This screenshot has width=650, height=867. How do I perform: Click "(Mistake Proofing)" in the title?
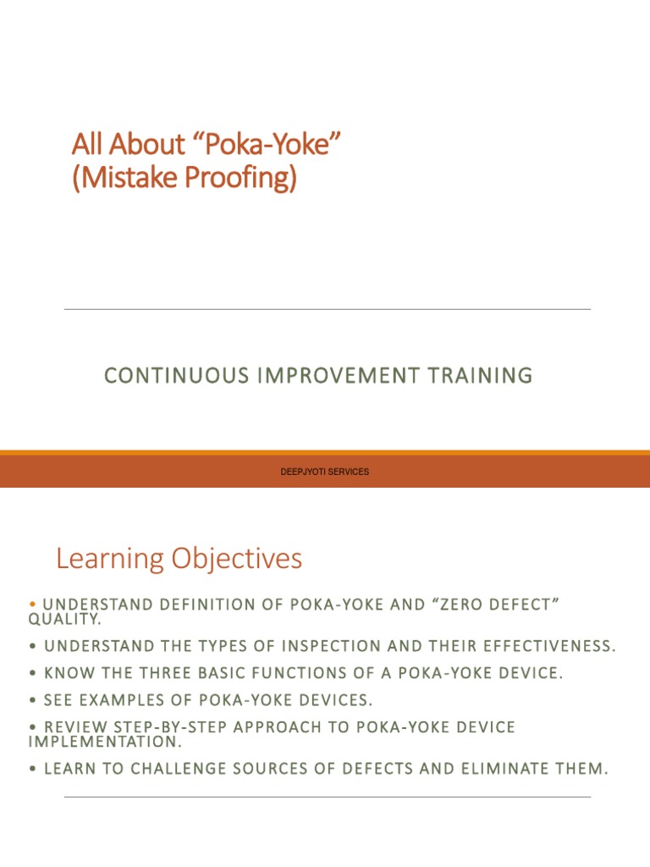185,179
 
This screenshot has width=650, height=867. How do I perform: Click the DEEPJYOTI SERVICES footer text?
325,472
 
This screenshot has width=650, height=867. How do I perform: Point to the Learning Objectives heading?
179,559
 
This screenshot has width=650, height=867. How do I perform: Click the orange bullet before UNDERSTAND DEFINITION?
32,604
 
